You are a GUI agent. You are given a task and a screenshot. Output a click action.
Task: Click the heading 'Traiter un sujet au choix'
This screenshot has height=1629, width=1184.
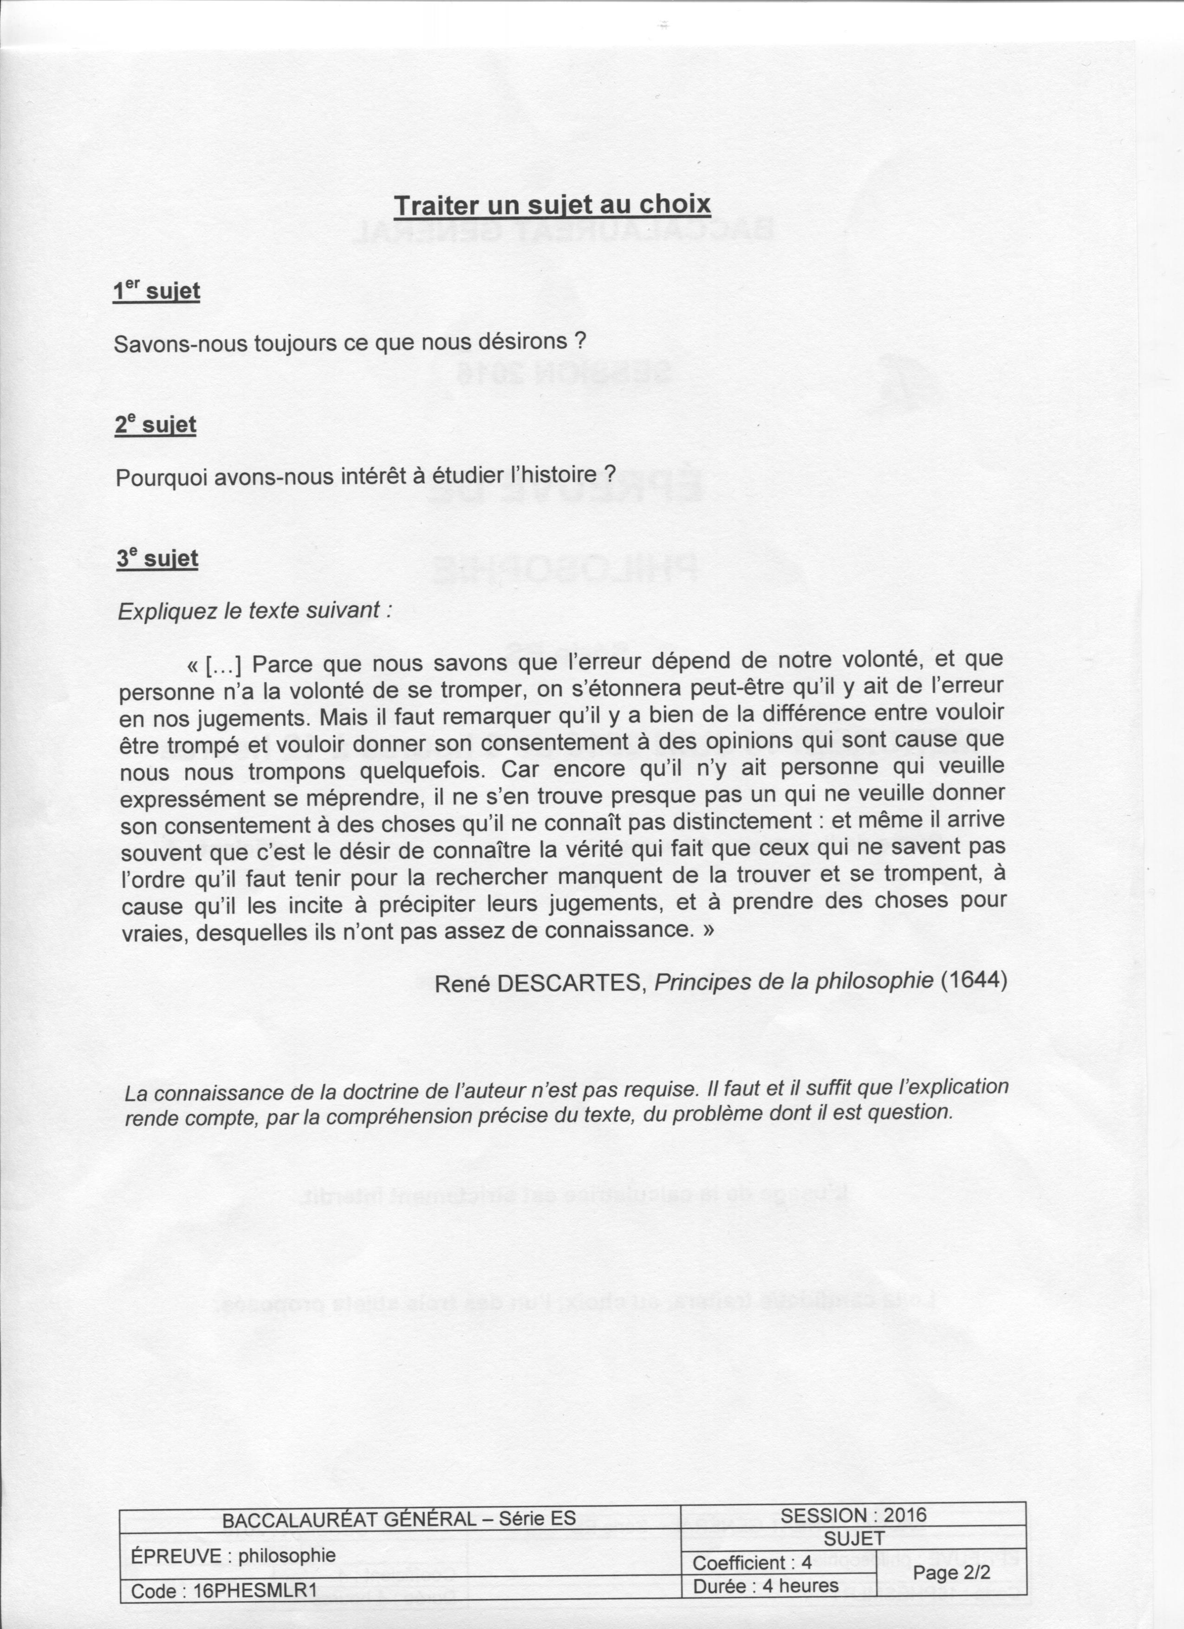(552, 206)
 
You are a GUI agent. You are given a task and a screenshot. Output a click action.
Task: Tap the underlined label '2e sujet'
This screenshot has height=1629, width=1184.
(155, 425)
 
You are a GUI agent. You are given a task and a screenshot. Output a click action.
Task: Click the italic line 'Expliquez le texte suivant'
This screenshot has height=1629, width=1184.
(254, 610)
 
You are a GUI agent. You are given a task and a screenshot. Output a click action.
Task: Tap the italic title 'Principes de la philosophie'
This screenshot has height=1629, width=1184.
(794, 980)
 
